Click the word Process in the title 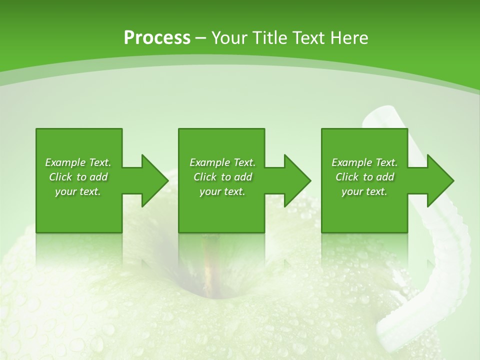point(157,38)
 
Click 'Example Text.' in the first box point(78,162)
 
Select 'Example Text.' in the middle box point(222,162)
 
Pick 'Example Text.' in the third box point(364,162)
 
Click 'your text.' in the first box point(78,191)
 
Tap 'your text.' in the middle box point(222,191)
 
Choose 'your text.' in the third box point(364,191)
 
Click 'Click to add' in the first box point(78,177)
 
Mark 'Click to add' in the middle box point(222,177)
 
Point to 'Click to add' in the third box point(364,177)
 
